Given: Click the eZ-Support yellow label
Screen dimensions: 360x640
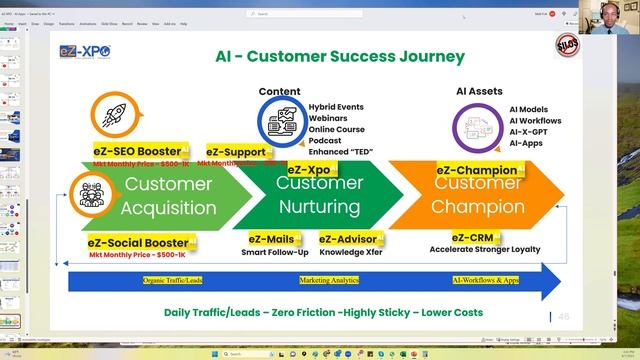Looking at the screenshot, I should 236,151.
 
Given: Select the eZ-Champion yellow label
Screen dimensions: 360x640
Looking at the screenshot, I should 477,171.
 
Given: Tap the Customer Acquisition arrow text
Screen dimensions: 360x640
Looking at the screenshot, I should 168,196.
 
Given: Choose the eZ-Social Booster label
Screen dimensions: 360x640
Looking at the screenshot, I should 136,242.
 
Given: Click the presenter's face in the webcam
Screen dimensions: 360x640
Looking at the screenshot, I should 610,19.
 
